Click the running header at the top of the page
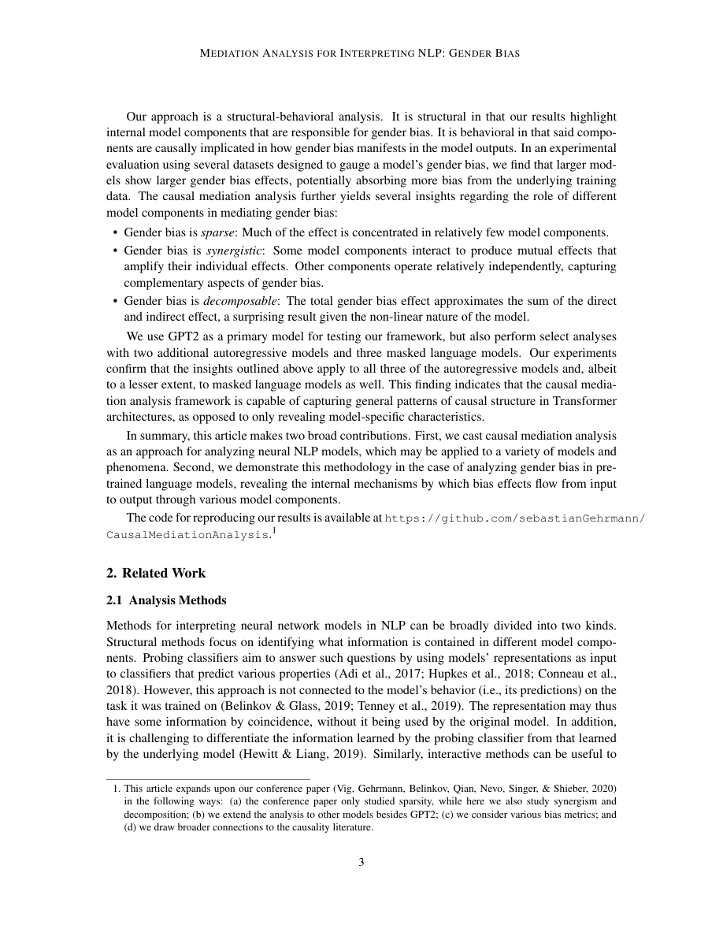(x=361, y=54)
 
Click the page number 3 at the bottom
(x=361, y=862)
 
